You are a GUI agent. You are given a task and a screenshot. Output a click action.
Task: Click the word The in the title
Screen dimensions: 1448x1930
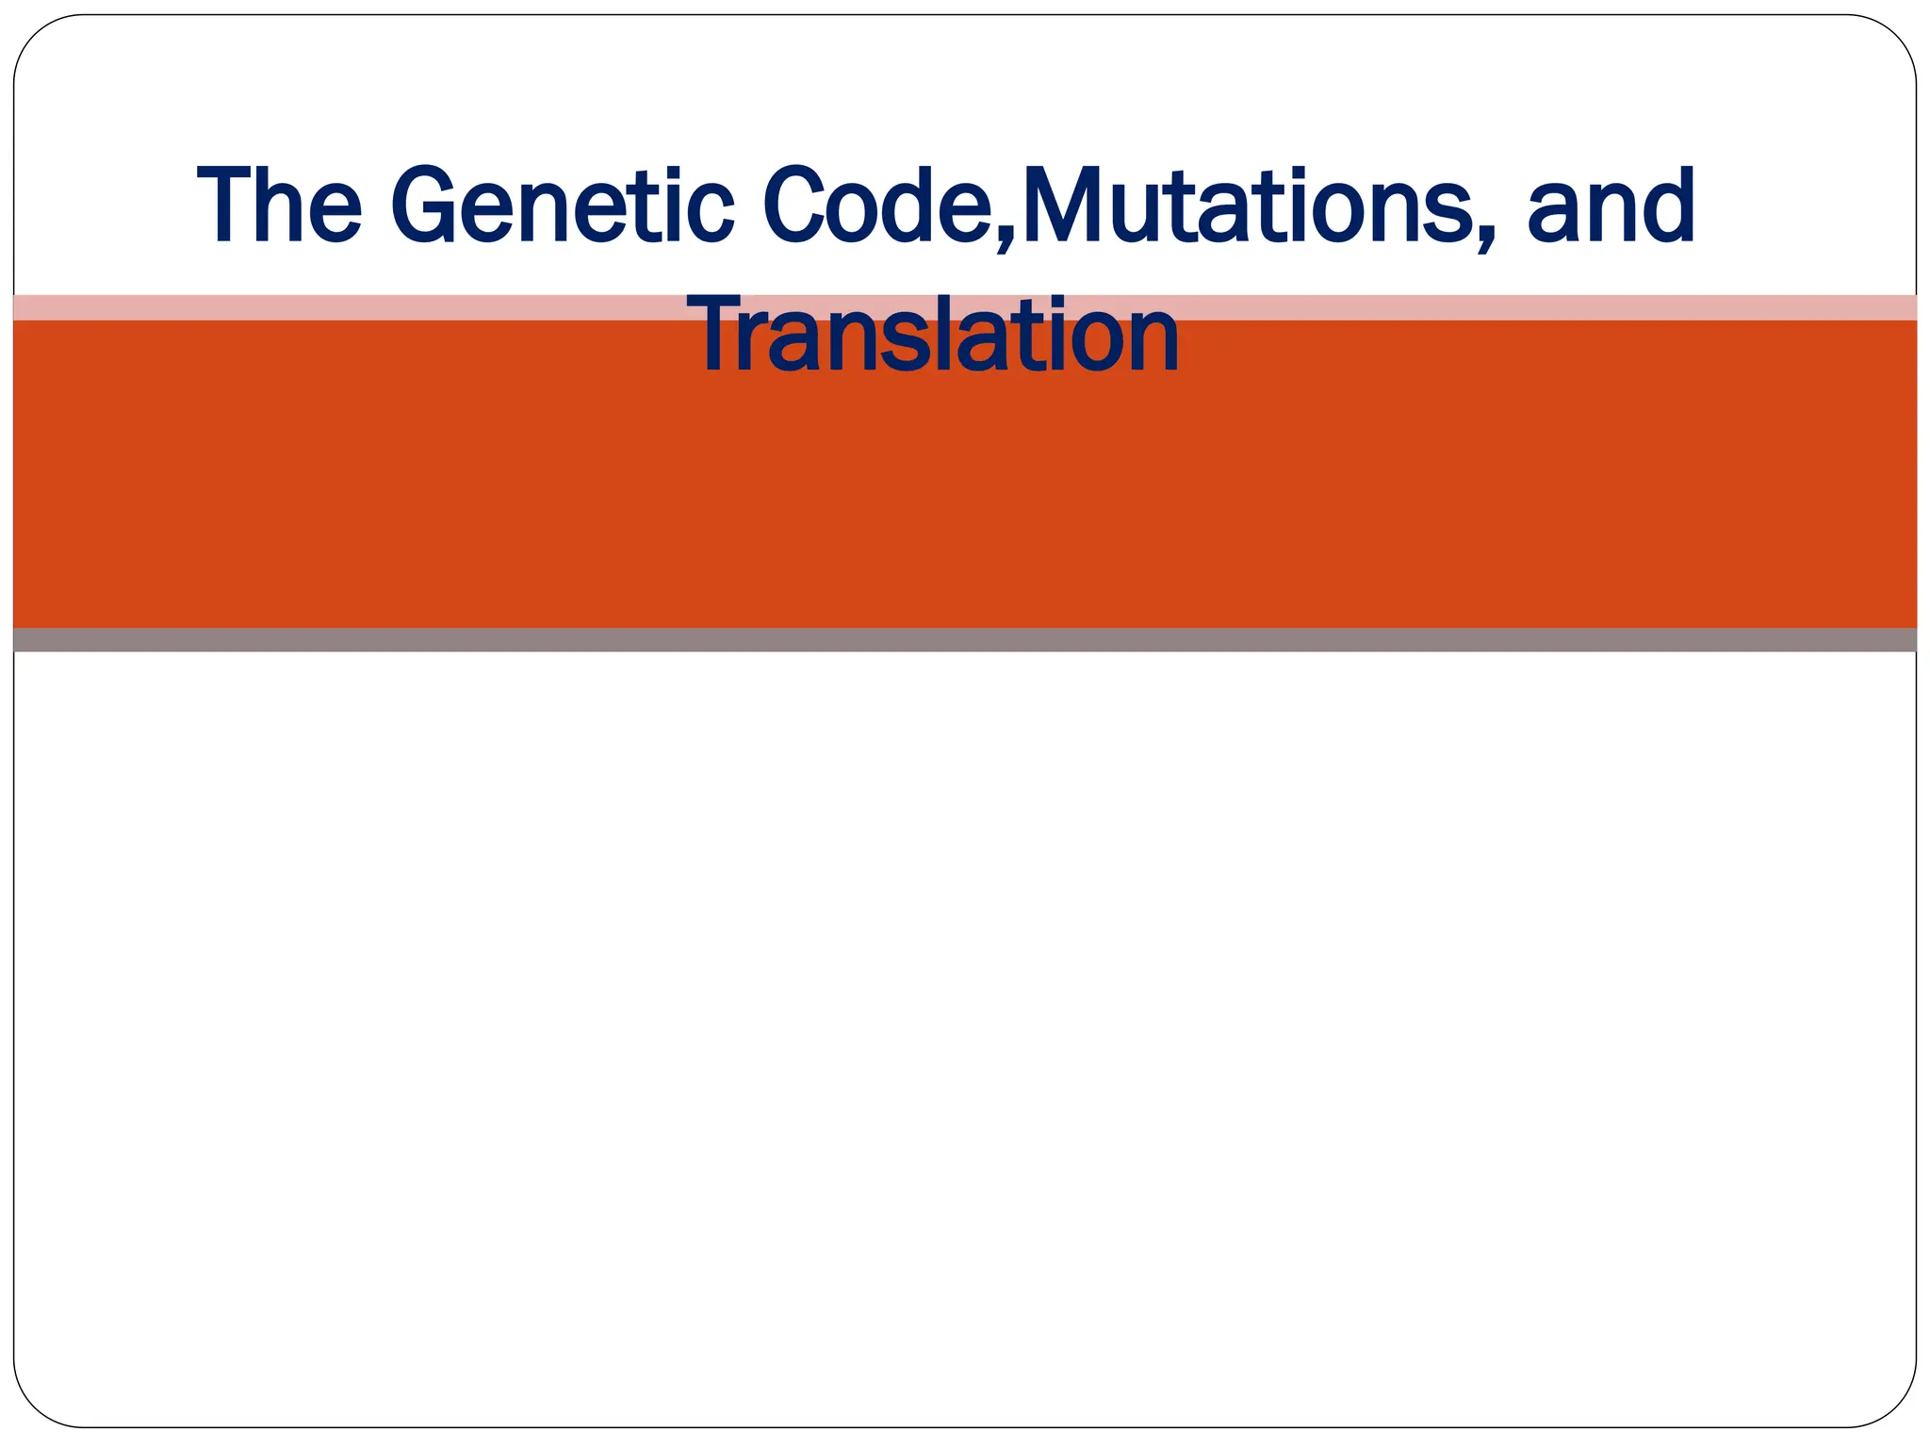(x=279, y=206)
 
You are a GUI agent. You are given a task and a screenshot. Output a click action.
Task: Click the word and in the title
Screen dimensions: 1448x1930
(x=1611, y=206)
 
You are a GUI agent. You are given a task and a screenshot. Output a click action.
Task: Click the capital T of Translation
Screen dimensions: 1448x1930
(x=718, y=335)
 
